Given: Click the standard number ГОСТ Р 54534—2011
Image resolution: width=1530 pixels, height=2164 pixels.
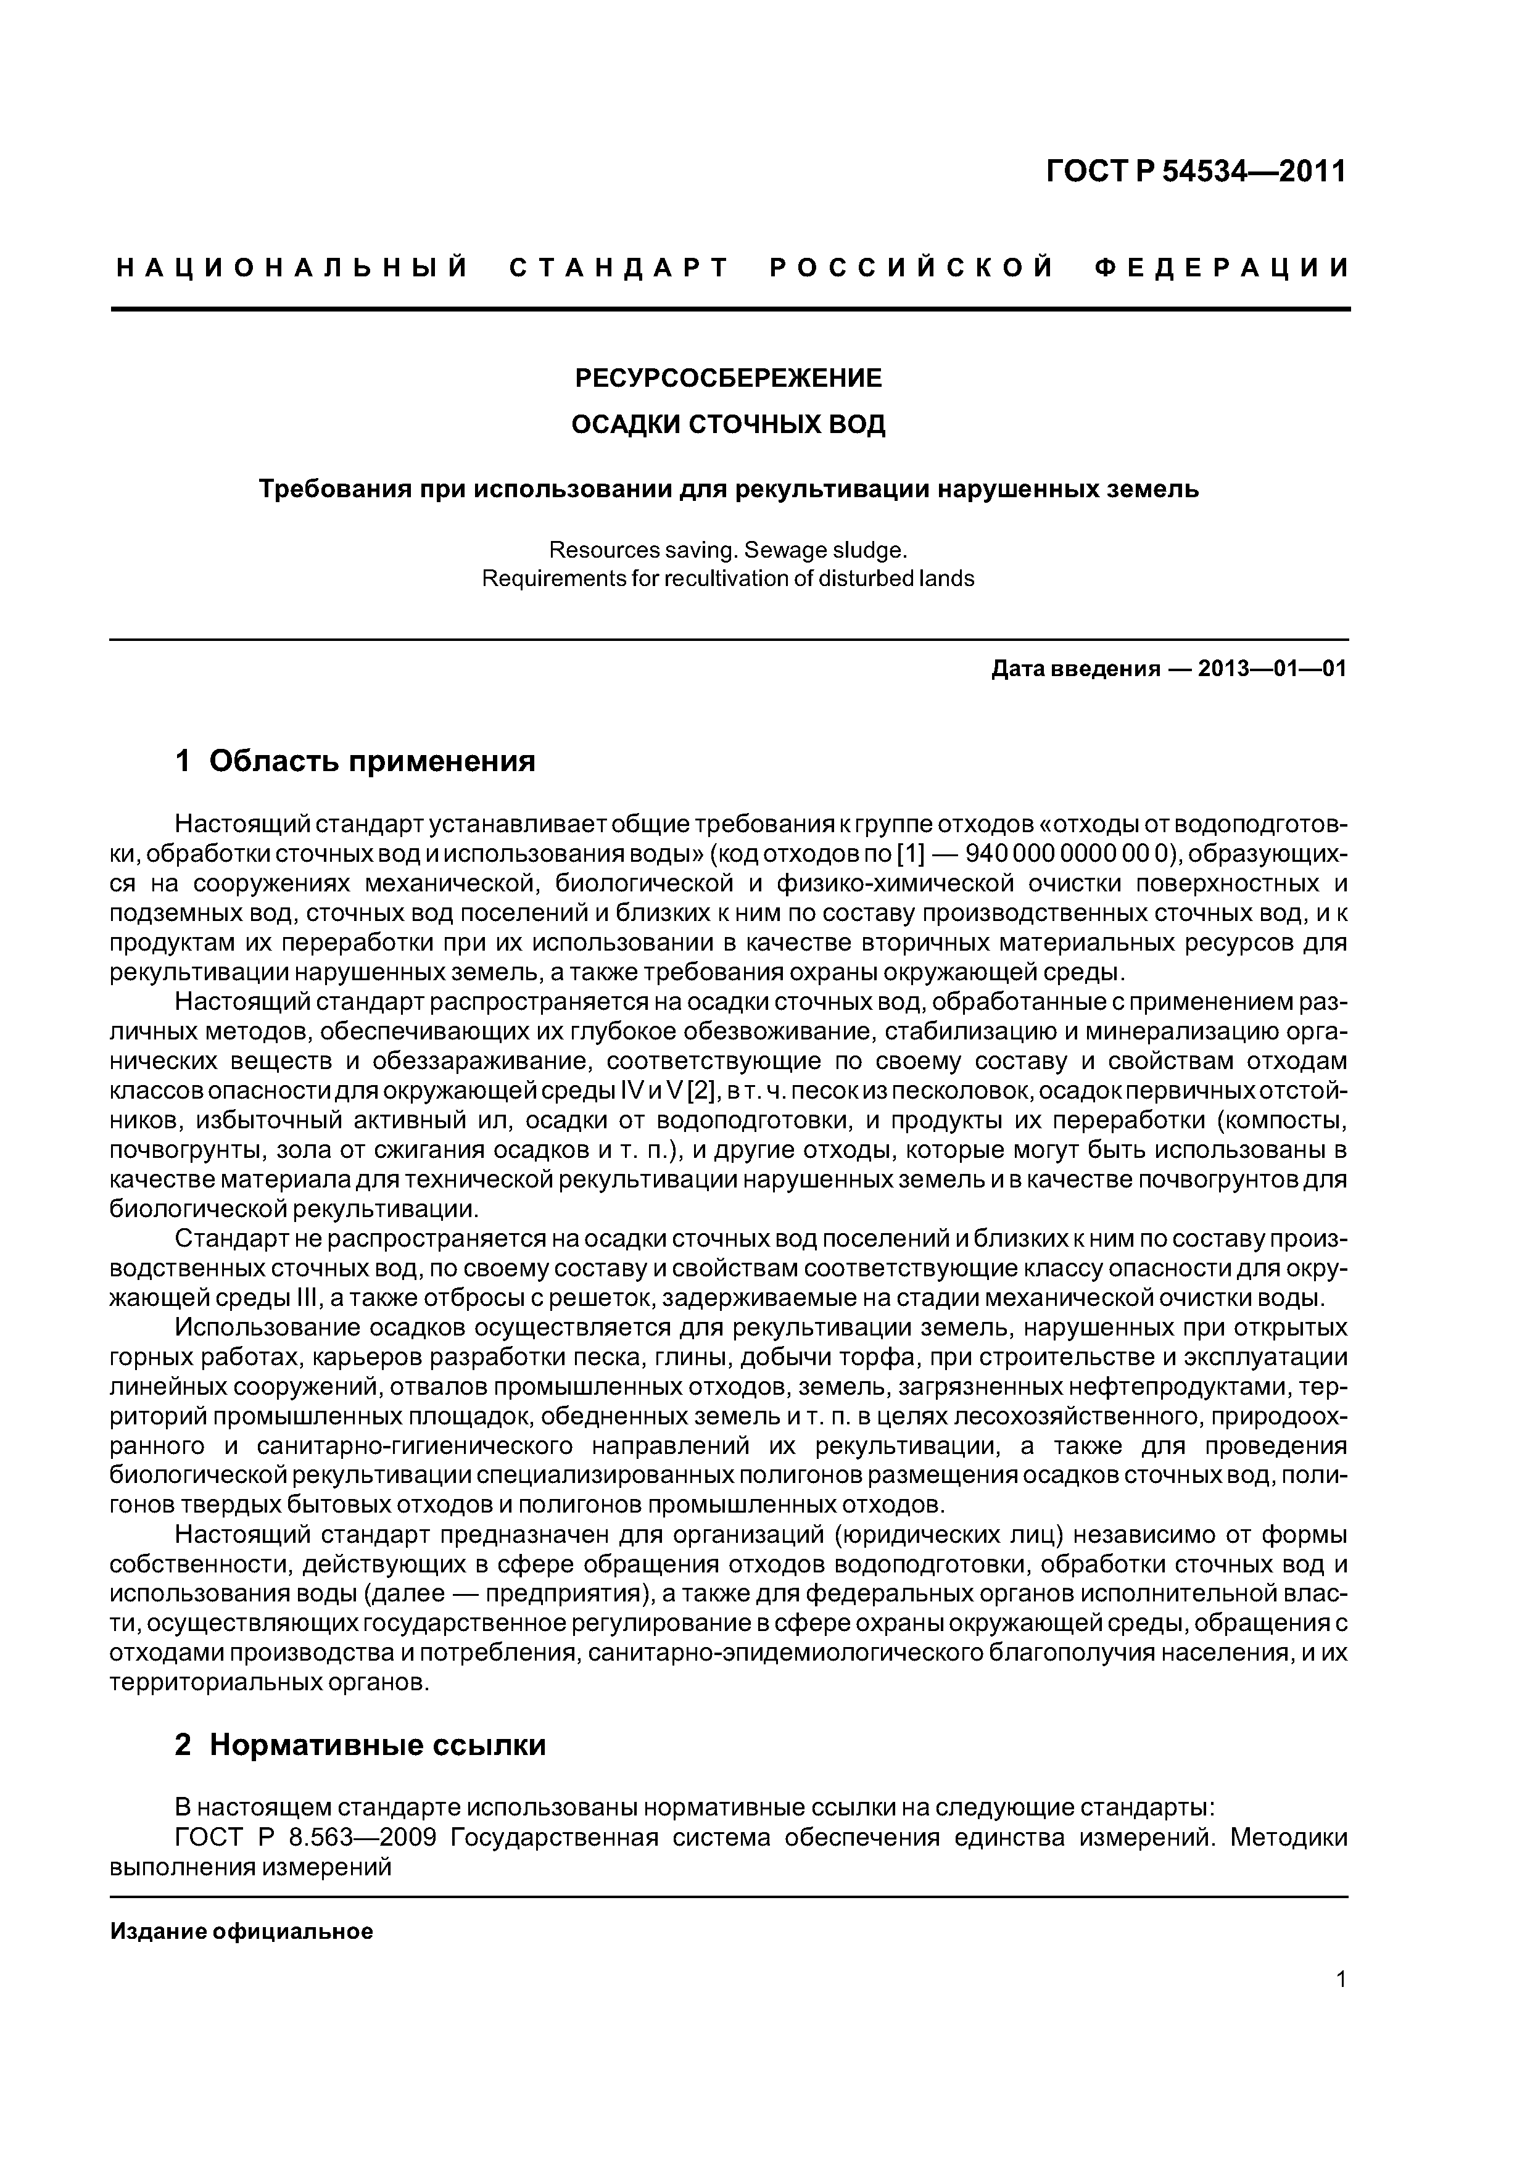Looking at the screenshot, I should point(1196,171).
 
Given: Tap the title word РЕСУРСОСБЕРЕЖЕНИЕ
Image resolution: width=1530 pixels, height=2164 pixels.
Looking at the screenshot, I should point(729,379).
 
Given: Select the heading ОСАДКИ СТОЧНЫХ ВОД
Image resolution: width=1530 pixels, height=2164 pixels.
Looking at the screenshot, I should point(729,425).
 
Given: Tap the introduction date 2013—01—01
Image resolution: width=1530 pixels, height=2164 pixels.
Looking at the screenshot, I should point(1272,669).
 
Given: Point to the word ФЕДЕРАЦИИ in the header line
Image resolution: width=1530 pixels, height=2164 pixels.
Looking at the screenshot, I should point(1222,268).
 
